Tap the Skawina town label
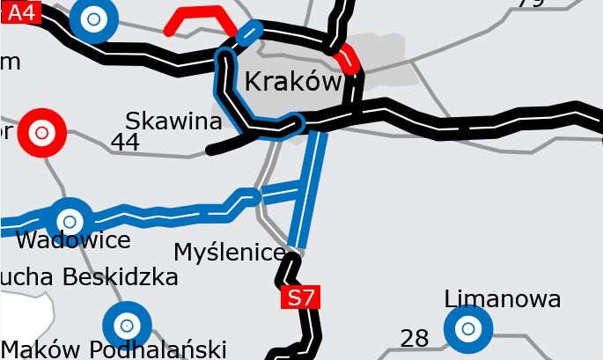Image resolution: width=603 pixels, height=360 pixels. coord(173,121)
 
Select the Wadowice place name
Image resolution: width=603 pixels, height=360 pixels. coord(73,239)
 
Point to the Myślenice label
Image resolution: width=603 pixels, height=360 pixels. coord(230,253)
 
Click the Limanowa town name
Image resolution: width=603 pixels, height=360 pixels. coord(503,299)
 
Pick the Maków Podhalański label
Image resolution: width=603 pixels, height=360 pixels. coord(114,349)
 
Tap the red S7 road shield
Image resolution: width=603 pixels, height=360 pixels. coord(300,298)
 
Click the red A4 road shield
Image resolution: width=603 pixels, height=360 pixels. coord(22,11)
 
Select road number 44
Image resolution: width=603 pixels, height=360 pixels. coord(126,142)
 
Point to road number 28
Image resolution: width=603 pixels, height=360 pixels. coord(415,338)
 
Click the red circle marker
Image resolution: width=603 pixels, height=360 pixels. coord(40,132)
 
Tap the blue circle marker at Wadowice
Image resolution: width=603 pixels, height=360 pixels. coord(70,219)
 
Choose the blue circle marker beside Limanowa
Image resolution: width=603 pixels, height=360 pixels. coord(468,328)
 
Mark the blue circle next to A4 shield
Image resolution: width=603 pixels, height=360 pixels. coord(94,18)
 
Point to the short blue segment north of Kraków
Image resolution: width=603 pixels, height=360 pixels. coord(250,33)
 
